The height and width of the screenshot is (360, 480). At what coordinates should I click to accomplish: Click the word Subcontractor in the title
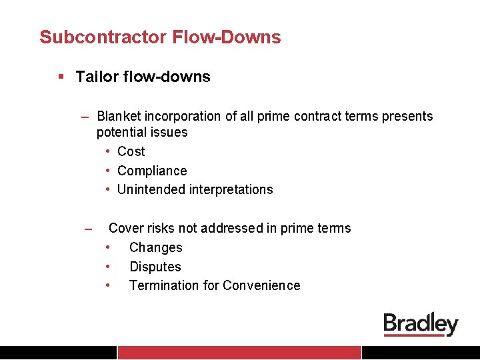coord(103,37)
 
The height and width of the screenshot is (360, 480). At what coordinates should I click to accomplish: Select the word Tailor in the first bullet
coord(96,77)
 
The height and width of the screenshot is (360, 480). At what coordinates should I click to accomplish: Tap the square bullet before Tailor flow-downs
coord(61,77)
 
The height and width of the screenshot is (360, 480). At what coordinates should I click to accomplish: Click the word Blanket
coord(121,117)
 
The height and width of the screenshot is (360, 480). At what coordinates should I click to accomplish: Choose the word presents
coord(407,117)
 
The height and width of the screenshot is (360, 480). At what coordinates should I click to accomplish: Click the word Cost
coord(131,152)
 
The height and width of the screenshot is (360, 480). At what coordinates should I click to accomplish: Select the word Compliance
coord(152,171)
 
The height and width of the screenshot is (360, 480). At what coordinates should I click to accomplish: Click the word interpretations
coord(231,190)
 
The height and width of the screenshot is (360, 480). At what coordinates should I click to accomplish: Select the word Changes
coord(155,248)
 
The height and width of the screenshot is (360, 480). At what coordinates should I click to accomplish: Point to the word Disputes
coord(155,267)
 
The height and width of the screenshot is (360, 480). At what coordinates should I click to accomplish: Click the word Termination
coord(163,286)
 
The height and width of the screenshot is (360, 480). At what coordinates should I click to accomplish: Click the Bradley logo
coord(421,325)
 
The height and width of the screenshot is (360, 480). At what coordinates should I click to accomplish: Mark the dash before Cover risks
coord(87,230)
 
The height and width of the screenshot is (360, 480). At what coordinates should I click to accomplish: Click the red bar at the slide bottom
coord(239,353)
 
